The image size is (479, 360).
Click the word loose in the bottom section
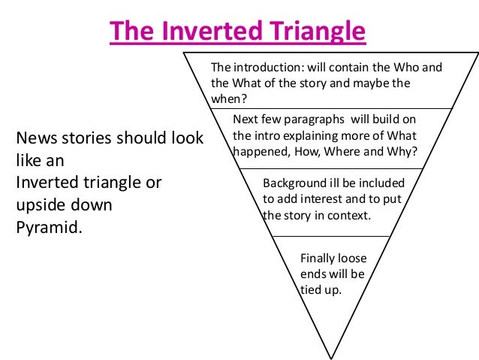(x=352, y=258)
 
